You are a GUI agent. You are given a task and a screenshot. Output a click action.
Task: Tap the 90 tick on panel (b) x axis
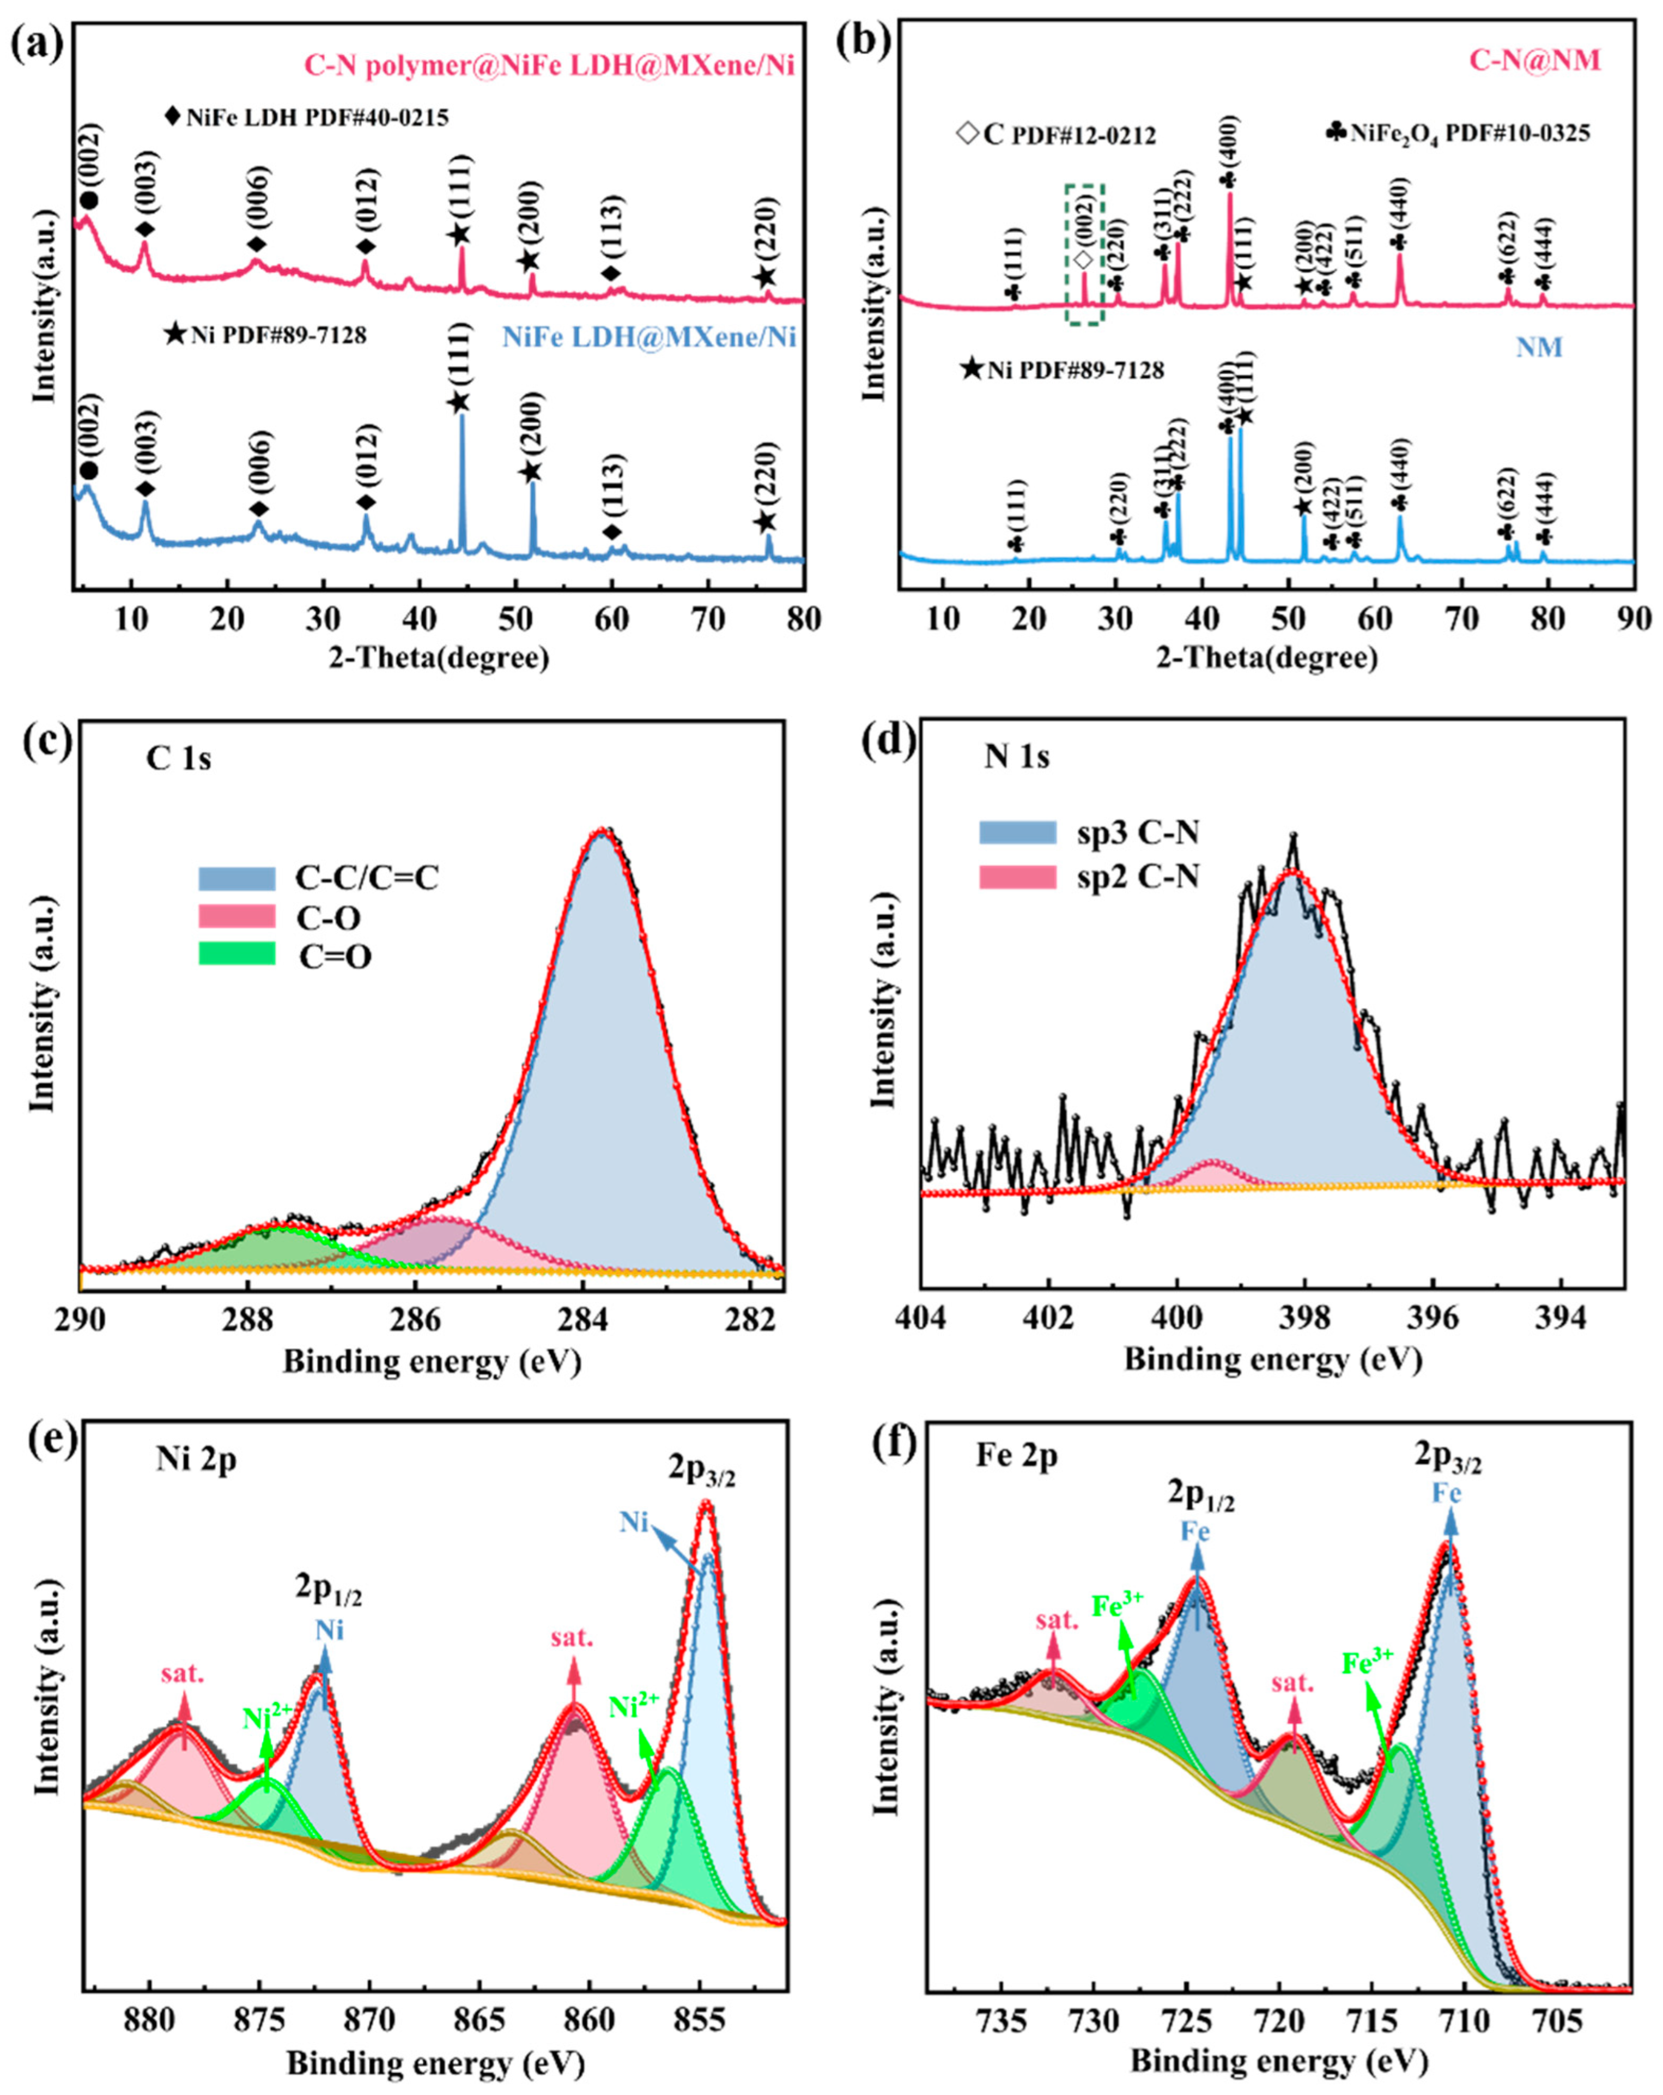1633,619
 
